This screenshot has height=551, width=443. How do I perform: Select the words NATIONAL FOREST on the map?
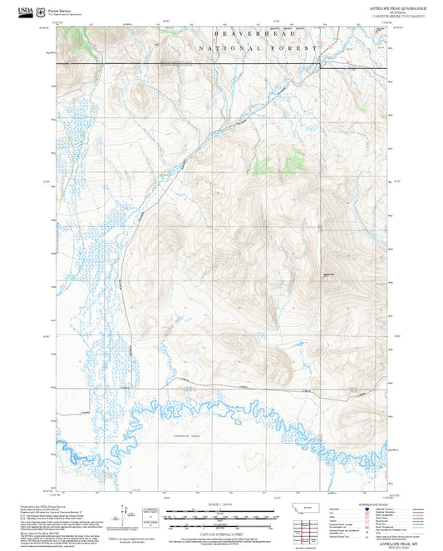coord(258,49)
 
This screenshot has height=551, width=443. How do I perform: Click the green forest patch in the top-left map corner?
coord(75,38)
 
